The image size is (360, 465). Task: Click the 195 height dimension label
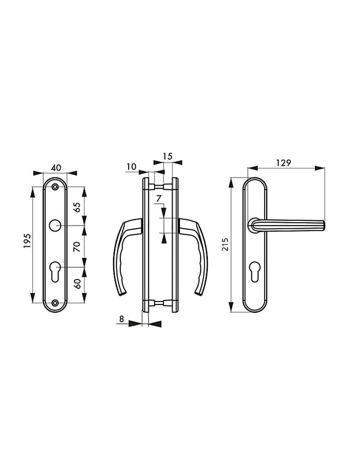[x=27, y=241]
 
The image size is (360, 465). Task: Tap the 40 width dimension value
[x=56, y=167]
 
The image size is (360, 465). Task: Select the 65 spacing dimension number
[x=77, y=207]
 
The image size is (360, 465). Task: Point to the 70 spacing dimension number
[x=77, y=246]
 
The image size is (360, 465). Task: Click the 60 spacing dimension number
[x=78, y=284]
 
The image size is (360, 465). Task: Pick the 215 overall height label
[x=225, y=244]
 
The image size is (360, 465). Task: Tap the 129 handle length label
[x=284, y=163]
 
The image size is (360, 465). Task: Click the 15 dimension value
[x=167, y=157]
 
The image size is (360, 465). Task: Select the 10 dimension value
[x=131, y=167]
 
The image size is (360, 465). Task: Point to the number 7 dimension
[x=158, y=199]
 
